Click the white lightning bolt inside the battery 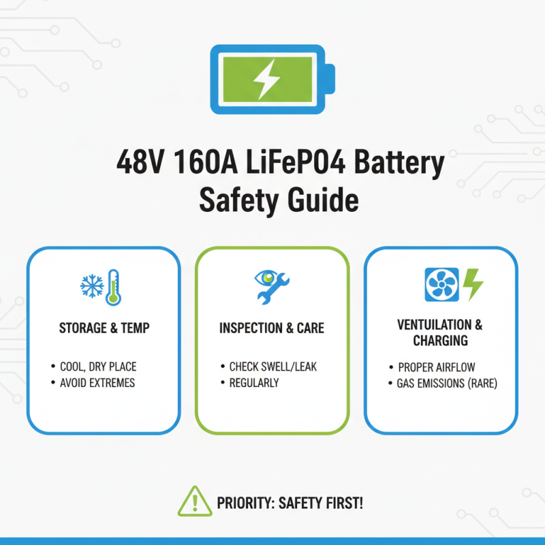(x=266, y=78)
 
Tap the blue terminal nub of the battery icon (x=330, y=79)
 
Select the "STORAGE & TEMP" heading (x=104, y=328)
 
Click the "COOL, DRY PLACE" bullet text (x=98, y=367)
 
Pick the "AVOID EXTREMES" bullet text (x=97, y=383)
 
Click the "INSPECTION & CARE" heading (x=272, y=328)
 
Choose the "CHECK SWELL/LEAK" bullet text (x=272, y=367)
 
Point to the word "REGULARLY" (x=253, y=383)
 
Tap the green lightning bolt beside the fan (x=472, y=284)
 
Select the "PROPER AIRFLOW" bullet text (x=437, y=367)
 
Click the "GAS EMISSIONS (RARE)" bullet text (x=447, y=384)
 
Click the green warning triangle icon (x=194, y=501)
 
